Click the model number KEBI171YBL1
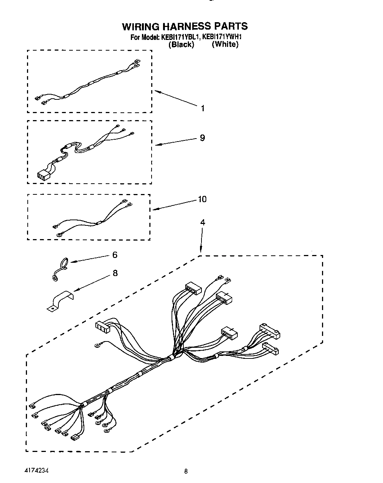click(180, 37)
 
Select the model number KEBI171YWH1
click(222, 37)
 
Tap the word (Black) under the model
click(181, 45)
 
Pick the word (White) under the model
click(225, 44)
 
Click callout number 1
click(203, 108)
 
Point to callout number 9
click(202, 138)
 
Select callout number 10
click(202, 199)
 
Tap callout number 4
click(202, 222)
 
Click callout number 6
click(115, 255)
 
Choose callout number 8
click(115, 273)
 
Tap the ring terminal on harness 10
click(58, 234)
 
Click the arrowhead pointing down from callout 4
click(200, 250)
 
